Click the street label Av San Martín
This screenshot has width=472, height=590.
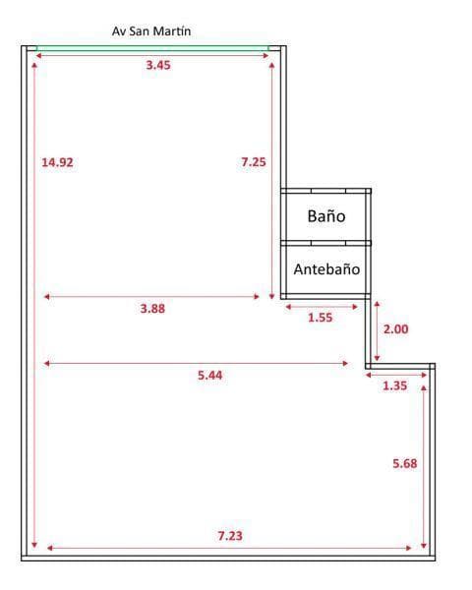click(x=151, y=31)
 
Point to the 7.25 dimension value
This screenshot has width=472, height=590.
click(x=254, y=162)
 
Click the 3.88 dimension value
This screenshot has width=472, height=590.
click(x=152, y=308)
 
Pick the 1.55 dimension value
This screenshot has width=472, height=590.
click(x=321, y=318)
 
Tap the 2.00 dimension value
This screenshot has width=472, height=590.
click(x=395, y=329)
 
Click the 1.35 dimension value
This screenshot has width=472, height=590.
click(x=394, y=386)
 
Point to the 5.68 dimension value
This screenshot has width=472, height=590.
click(x=405, y=463)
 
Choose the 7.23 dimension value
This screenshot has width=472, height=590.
click(x=230, y=536)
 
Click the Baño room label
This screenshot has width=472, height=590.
click(x=325, y=216)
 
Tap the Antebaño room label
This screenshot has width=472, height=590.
click(x=326, y=268)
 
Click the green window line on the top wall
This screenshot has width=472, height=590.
click(x=152, y=46)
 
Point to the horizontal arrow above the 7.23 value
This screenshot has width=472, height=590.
click(x=231, y=548)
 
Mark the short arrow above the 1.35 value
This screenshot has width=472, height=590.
click(x=395, y=375)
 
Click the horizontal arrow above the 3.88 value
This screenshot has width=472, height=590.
click(x=152, y=296)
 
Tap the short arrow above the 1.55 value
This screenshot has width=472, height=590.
click(x=321, y=307)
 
